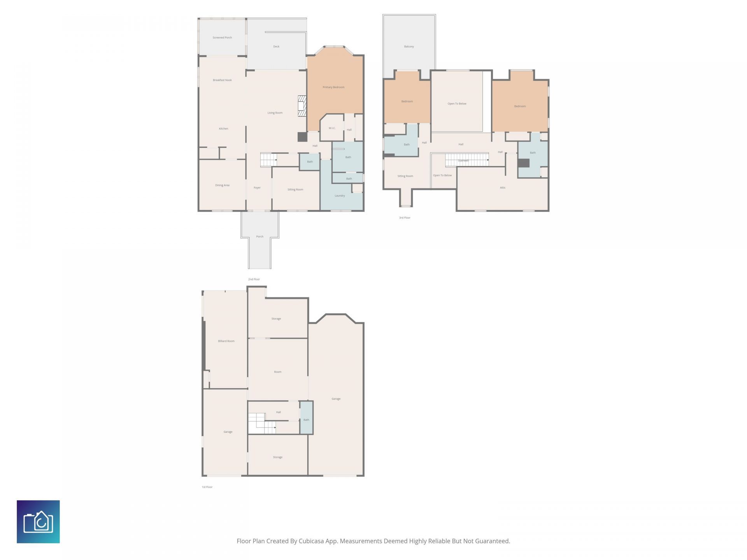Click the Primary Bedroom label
(x=333, y=87)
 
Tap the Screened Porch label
(x=222, y=38)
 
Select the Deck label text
(x=276, y=47)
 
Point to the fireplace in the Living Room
(x=302, y=106)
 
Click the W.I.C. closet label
(x=332, y=128)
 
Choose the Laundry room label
(x=340, y=196)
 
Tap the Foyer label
(x=257, y=188)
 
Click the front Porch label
(x=260, y=236)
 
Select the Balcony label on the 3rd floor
(x=409, y=47)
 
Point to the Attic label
(x=503, y=188)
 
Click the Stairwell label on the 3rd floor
(x=463, y=161)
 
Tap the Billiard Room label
(x=226, y=341)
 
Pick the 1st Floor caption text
(x=207, y=487)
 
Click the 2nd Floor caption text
(x=254, y=279)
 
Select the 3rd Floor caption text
(x=405, y=218)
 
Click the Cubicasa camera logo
(x=38, y=521)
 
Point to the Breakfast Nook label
(x=222, y=80)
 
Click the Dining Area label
(x=222, y=185)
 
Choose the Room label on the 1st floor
(x=277, y=372)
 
